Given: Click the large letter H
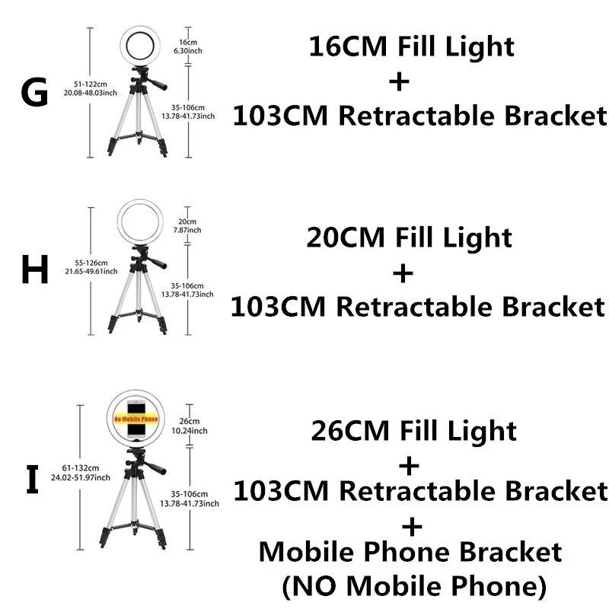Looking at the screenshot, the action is pyautogui.click(x=34, y=269).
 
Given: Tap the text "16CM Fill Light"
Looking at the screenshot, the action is pyautogui.click(x=412, y=47).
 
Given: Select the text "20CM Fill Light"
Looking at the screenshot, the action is pyautogui.click(x=410, y=238).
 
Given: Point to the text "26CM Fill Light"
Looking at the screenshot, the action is pyautogui.click(x=413, y=431).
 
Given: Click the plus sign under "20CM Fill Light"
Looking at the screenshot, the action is pyautogui.click(x=403, y=273).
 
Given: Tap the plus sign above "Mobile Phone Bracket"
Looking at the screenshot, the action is pyautogui.click(x=412, y=525).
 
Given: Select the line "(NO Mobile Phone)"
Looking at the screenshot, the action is pyautogui.click(x=413, y=586).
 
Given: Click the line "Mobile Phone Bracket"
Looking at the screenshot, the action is pyautogui.click(x=410, y=553).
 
